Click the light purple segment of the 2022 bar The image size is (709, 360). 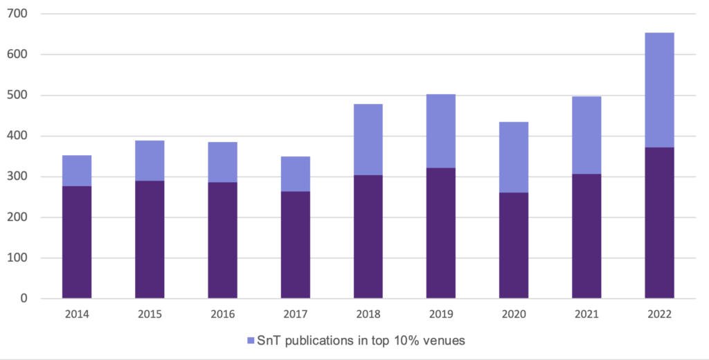tap(659, 90)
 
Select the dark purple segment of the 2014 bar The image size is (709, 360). tap(77, 242)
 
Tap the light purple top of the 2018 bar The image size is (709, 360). tap(368, 139)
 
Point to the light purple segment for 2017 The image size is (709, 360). tap(295, 174)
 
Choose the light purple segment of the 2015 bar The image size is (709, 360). tap(150, 161)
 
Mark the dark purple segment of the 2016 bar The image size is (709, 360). tap(222, 240)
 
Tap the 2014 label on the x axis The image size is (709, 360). tap(77, 314)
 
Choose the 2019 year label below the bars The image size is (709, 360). tap(440, 314)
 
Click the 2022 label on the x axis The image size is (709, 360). tap(659, 314)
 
